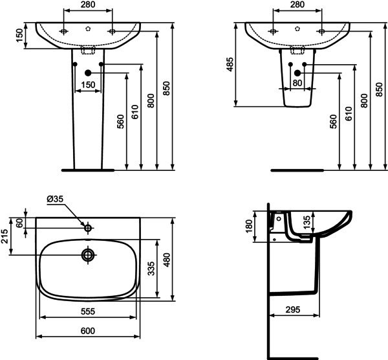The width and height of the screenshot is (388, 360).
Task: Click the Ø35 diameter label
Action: (55, 199)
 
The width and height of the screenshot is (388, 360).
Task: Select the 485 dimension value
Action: (230, 65)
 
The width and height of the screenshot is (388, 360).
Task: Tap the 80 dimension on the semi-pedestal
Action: (297, 83)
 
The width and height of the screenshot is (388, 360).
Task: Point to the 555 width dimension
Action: (88, 311)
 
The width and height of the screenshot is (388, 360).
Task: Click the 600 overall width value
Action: (88, 331)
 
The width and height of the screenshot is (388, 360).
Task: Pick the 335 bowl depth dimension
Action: (151, 269)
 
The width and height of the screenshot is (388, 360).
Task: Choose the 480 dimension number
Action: (167, 260)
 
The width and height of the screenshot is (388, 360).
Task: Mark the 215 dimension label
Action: (5, 236)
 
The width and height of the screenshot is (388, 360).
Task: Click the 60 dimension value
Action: (19, 223)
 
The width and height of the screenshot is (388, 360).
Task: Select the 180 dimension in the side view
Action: (249, 227)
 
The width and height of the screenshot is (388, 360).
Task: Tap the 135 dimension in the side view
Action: (307, 223)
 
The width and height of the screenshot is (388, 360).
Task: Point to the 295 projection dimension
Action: (293, 309)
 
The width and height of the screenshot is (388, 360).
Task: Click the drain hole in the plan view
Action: (89, 254)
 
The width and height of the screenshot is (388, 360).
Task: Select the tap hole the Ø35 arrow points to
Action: (88, 228)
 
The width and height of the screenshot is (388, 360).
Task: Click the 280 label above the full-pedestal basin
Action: (88, 5)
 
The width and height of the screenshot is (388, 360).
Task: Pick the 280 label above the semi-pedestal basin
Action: (297, 5)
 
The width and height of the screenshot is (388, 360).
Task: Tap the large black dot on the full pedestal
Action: (88, 73)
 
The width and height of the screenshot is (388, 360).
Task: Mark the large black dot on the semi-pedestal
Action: (297, 73)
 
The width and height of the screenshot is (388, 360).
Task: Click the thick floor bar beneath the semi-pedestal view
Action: (297, 170)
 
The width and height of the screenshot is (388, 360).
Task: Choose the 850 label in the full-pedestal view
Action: (167, 88)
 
